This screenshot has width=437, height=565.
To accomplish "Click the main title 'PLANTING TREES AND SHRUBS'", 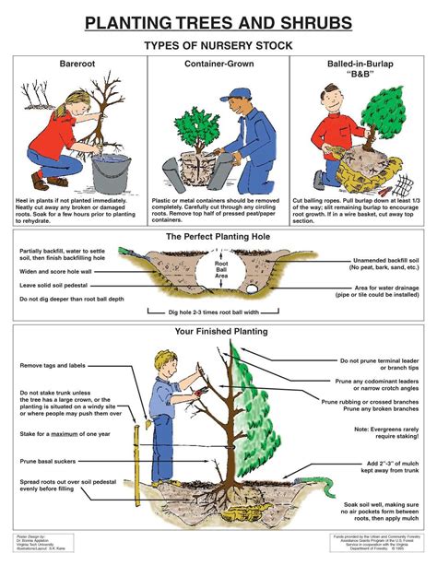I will [218, 22].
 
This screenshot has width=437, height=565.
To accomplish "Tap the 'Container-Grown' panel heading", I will [218, 65].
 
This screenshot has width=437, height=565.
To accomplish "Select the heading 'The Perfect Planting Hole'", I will [218, 237].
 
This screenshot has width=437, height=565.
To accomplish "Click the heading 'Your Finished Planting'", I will [218, 331].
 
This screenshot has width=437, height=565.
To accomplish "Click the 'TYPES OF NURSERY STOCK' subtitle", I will [218, 44].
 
